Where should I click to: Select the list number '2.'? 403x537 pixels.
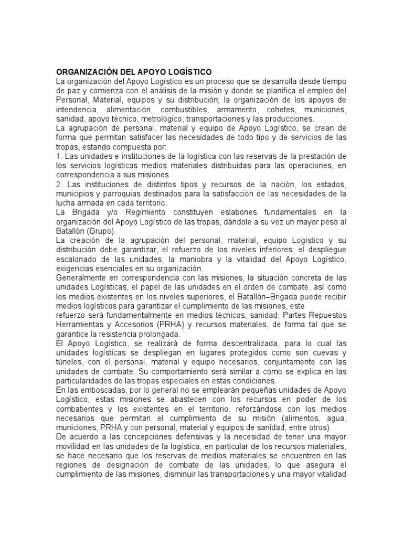60,184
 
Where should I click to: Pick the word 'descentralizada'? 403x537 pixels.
216,343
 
